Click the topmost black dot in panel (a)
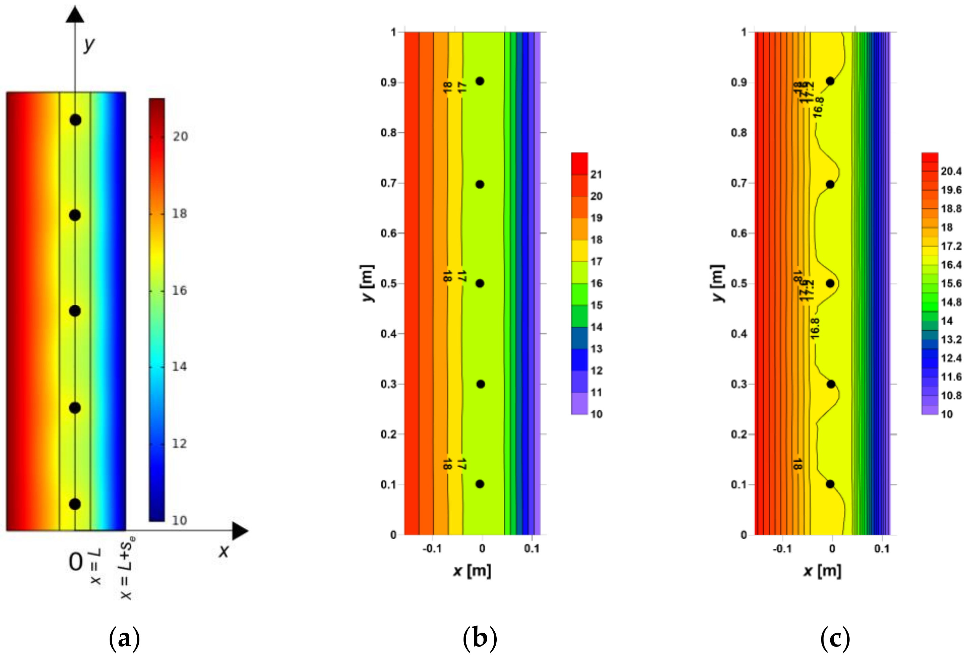[75, 120]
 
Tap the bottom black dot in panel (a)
[75, 504]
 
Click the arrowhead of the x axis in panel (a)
[240, 531]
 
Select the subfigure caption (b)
[480, 638]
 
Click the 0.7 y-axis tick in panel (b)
[388, 183]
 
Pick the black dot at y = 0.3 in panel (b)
[481, 384]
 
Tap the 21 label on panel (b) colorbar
[596, 174]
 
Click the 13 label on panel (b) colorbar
[596, 349]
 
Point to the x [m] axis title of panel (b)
[472, 570]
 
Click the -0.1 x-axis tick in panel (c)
[782, 549]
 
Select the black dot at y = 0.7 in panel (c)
[830, 184]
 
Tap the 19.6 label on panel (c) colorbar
[951, 190]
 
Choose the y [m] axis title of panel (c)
[717, 283]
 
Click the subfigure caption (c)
[835, 638]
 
